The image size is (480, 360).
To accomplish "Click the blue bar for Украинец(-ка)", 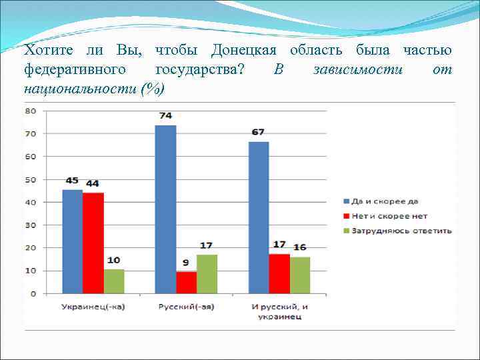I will [x=72, y=241].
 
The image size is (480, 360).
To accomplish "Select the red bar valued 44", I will [x=93, y=243].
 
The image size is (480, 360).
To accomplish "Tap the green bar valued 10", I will [x=114, y=281].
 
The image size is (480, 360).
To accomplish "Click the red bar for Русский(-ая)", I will [x=186, y=282].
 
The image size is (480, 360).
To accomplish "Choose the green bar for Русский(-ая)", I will [x=207, y=273].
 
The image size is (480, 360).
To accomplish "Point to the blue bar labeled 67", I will [x=259, y=217].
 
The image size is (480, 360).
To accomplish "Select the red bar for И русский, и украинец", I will [x=279, y=273].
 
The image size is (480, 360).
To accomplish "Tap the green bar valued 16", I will [x=300, y=275].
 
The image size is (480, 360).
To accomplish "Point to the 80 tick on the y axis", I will [x=30, y=111].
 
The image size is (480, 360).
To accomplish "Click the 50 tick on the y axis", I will [x=30, y=179].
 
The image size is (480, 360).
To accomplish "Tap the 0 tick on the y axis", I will [x=32, y=293].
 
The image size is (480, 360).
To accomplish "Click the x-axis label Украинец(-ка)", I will [x=93, y=306].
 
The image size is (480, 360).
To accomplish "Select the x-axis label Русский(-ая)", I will [x=186, y=306].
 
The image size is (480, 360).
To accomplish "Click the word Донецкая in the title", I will [x=248, y=51].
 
